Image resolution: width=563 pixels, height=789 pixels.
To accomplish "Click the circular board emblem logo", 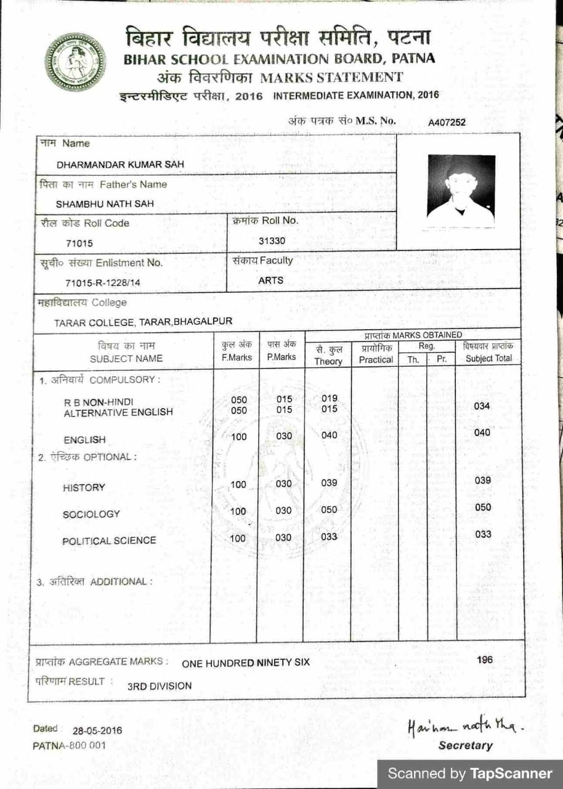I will coord(75,63).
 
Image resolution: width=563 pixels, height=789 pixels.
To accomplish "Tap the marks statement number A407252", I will coord(447,122).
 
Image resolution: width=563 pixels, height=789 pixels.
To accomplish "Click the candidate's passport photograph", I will coord(461,190).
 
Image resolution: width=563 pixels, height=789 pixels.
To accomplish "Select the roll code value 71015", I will coord(79,243).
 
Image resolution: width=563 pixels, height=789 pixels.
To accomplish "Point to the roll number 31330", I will coord(272,240).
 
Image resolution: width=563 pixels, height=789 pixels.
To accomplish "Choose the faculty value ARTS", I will coord(271,280).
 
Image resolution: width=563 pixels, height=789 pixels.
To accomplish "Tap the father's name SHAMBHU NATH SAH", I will coord(105,203).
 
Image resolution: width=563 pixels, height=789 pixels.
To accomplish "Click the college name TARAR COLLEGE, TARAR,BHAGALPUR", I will coord(143,322).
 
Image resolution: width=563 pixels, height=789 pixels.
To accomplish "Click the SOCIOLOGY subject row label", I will coord(91,514).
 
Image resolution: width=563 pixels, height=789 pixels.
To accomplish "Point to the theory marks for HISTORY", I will coord(330,483).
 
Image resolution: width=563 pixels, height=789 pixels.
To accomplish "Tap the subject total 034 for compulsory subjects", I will coord(482,406).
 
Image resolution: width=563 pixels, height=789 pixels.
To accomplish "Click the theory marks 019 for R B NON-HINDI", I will coord(330,398).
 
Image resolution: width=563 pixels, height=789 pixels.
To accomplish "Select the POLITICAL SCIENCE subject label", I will coord(109,541).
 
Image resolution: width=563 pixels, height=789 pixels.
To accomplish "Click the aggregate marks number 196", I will coord(485,660).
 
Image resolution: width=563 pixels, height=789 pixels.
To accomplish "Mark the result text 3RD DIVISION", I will coord(160,685).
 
